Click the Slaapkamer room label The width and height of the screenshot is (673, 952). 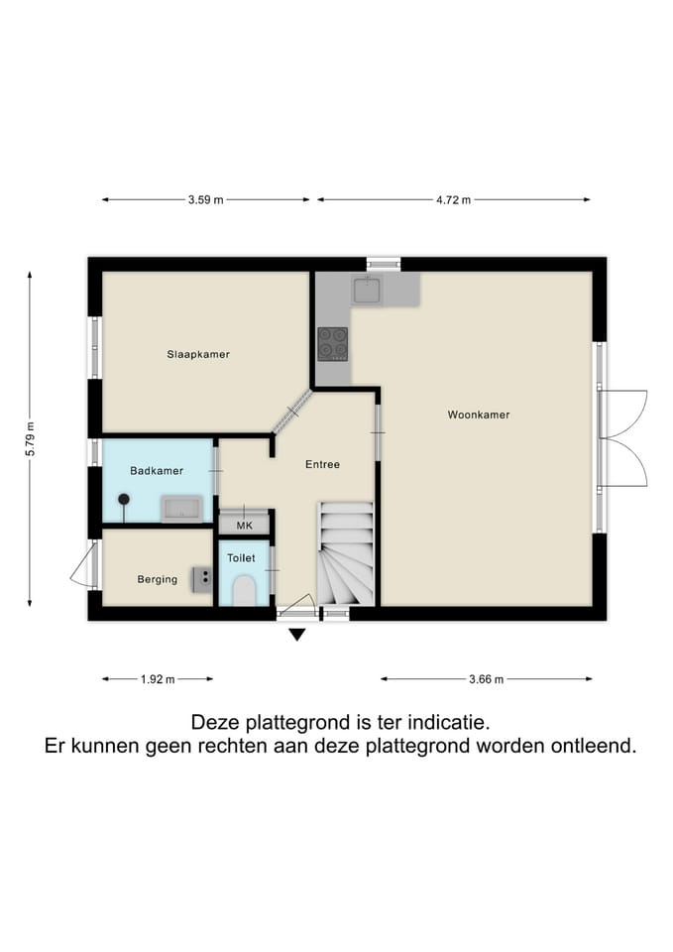(198, 354)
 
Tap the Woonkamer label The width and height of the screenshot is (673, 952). (479, 415)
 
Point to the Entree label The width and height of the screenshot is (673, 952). (322, 464)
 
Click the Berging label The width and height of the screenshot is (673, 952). (157, 579)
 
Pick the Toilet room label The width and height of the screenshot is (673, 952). (241, 558)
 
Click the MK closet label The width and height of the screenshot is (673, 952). (244, 525)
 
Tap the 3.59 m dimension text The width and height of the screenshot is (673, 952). (205, 199)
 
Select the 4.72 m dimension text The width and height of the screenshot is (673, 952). (453, 199)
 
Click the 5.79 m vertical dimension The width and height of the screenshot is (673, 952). (31, 436)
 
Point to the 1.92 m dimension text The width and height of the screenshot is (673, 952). (157, 679)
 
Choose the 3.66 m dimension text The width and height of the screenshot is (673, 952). (486, 679)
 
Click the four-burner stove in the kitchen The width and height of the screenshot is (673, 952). (332, 342)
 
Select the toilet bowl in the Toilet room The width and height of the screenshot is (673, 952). (243, 590)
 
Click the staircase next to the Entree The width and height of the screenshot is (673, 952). (345, 555)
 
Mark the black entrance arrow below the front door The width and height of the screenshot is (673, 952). (295, 635)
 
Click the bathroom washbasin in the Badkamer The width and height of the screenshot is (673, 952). (182, 510)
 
